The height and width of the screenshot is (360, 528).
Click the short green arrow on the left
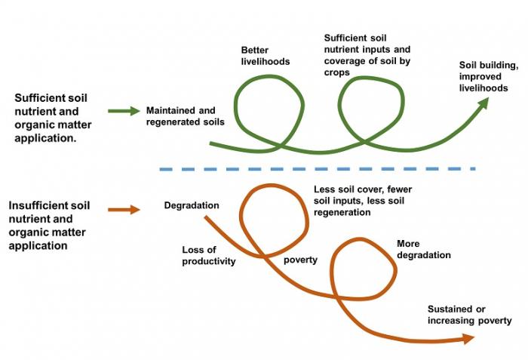pos(124,112)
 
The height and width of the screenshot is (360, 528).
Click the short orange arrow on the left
pos(124,210)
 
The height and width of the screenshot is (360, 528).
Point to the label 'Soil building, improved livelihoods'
pos(488,77)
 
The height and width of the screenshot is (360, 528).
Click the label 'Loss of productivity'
pos(209,256)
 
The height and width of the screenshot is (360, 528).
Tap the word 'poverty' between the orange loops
pos(300,260)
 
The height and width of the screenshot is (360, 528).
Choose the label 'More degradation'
pos(423,250)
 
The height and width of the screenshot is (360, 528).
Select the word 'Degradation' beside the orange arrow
pos(192,205)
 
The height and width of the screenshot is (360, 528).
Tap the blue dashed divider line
pos(317,168)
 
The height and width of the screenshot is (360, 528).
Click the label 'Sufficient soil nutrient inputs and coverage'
pos(367,54)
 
